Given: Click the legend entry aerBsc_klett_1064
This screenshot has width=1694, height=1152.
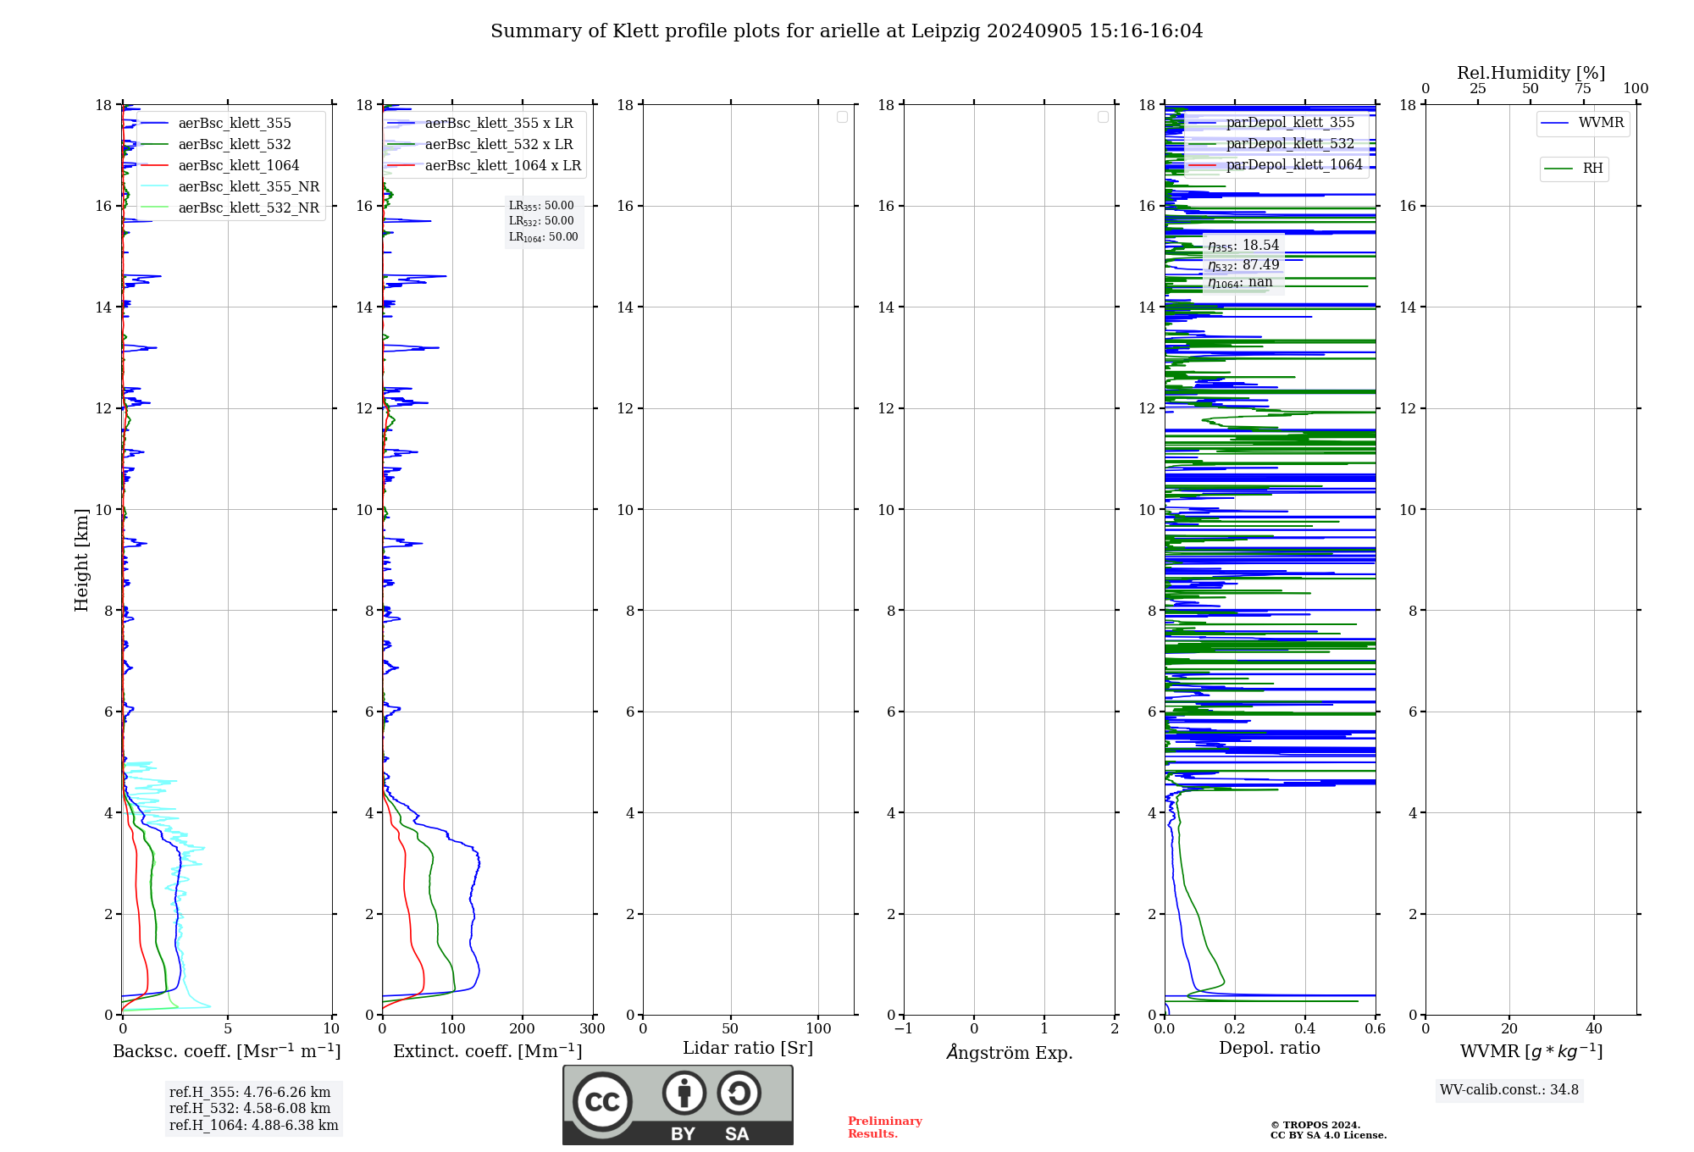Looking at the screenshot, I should pos(238,165).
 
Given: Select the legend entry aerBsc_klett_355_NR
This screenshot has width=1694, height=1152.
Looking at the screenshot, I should pos(248,186).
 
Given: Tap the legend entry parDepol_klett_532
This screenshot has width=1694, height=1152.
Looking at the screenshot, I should pos(1290,143).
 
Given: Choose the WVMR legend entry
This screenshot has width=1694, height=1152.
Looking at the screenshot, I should pos(1600,123).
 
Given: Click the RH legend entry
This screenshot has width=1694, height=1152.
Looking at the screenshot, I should pos(1592,169).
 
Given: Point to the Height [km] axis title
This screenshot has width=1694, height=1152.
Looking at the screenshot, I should pos(81,559).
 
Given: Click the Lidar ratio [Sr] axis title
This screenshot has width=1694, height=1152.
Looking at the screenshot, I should pos(747,1048).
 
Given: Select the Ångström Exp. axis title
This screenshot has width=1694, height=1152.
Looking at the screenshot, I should pos(1009,1052).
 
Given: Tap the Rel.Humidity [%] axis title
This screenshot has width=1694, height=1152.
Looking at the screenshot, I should pos(1531,73).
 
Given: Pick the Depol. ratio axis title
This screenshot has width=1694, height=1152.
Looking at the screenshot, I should pos(1269,1048).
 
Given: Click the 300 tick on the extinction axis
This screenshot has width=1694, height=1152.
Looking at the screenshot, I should pos(592,1029).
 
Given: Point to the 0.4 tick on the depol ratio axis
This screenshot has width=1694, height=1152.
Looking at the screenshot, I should pos(1305,1029).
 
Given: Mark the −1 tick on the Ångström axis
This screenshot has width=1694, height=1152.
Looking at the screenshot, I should pos(904,1029).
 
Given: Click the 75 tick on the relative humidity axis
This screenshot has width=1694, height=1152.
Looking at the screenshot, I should pos(1583,89).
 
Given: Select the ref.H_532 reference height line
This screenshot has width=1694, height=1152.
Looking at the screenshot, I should pos(249,1108).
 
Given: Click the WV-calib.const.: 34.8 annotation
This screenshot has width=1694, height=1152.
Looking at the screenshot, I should pos(1509,1090).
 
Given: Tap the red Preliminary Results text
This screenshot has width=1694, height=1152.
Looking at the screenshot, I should pos(884,1127).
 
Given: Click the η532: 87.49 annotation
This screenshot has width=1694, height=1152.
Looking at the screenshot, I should pos(1243,264).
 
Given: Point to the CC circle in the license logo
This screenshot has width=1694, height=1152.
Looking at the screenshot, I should pos(602,1102).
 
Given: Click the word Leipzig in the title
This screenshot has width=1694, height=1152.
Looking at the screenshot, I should pos(945,31).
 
